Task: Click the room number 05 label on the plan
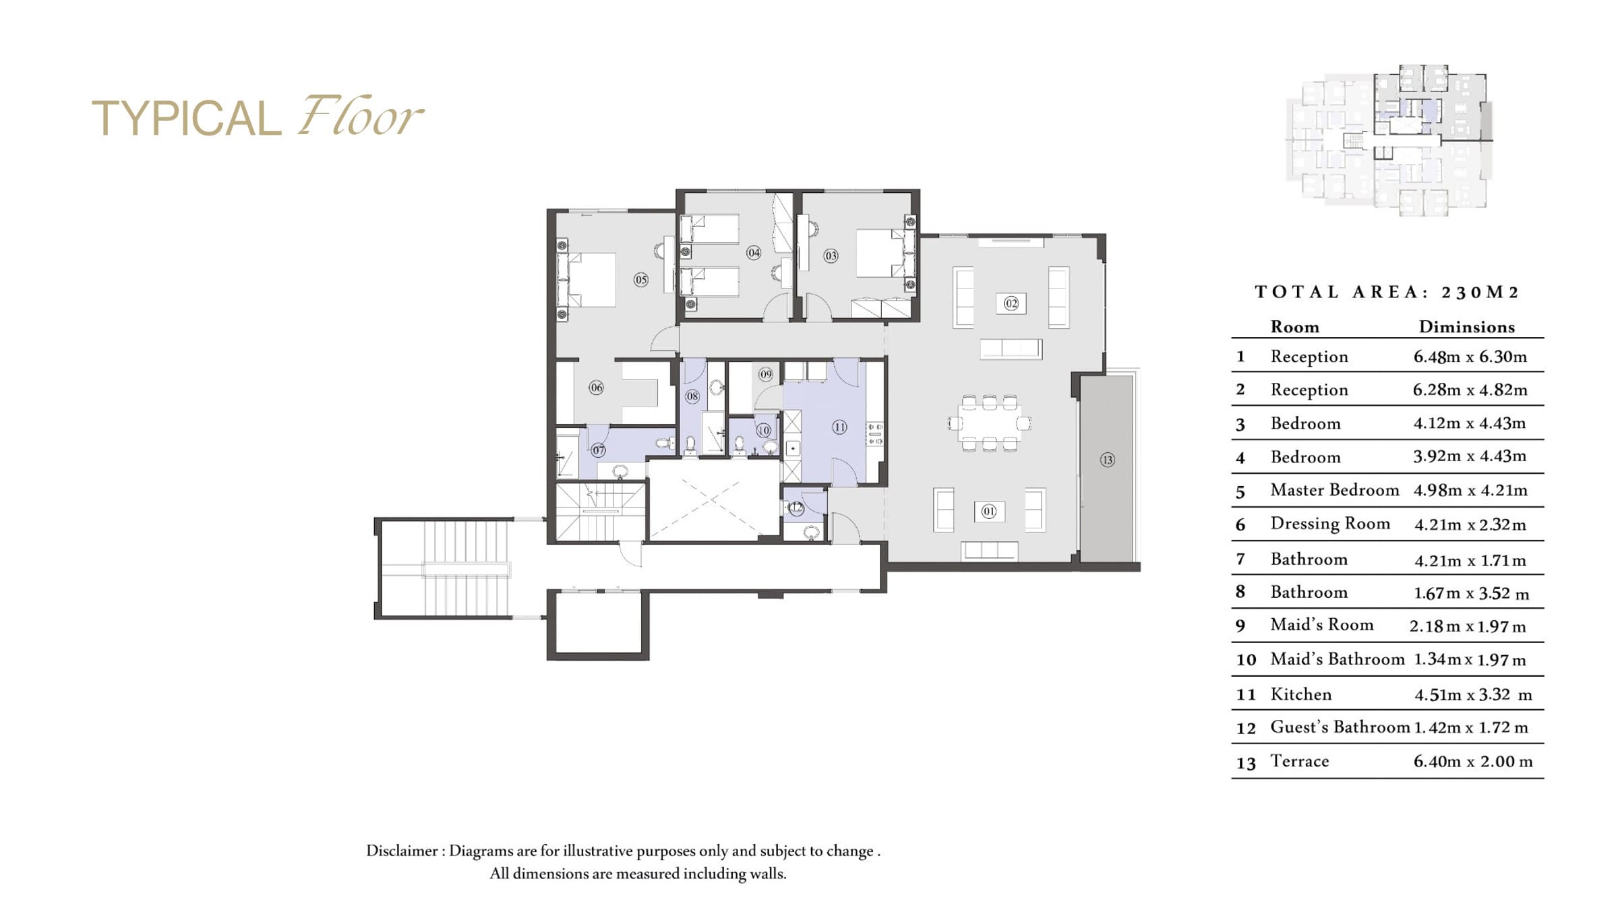[x=640, y=280]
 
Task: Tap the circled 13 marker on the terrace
[x=1107, y=460]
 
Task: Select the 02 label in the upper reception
[x=1011, y=303]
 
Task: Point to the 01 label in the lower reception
[x=989, y=512]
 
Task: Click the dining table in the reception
[x=989, y=423]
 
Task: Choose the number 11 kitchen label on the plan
[x=839, y=427]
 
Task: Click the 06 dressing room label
[x=596, y=388]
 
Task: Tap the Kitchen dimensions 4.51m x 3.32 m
[x=1473, y=694]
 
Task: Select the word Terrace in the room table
[x=1300, y=761]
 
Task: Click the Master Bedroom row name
[x=1335, y=490]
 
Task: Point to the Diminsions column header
[x=1466, y=327]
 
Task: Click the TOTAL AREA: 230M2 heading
[x=1387, y=292]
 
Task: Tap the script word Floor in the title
[x=361, y=116]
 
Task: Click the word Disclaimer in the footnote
[x=402, y=851]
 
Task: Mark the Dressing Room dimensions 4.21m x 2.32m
[x=1470, y=524]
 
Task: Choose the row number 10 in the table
[x=1246, y=659]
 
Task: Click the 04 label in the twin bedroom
[x=754, y=253]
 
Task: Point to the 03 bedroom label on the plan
[x=831, y=256]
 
